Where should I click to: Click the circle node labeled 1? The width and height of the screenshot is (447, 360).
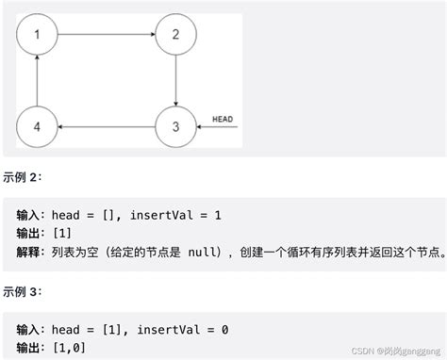(36, 35)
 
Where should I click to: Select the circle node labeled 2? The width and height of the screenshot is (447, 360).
(175, 35)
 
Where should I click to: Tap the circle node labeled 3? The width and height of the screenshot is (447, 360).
(175, 125)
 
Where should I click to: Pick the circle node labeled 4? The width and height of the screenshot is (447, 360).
(36, 125)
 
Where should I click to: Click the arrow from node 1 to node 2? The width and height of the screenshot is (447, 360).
(106, 35)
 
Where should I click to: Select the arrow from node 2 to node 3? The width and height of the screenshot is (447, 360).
(175, 80)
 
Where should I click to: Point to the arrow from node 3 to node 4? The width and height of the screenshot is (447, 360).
(106, 125)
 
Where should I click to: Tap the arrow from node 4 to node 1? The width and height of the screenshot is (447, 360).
(36, 80)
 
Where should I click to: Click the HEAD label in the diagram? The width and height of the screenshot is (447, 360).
(223, 119)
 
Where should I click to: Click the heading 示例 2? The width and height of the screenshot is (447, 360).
(23, 176)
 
